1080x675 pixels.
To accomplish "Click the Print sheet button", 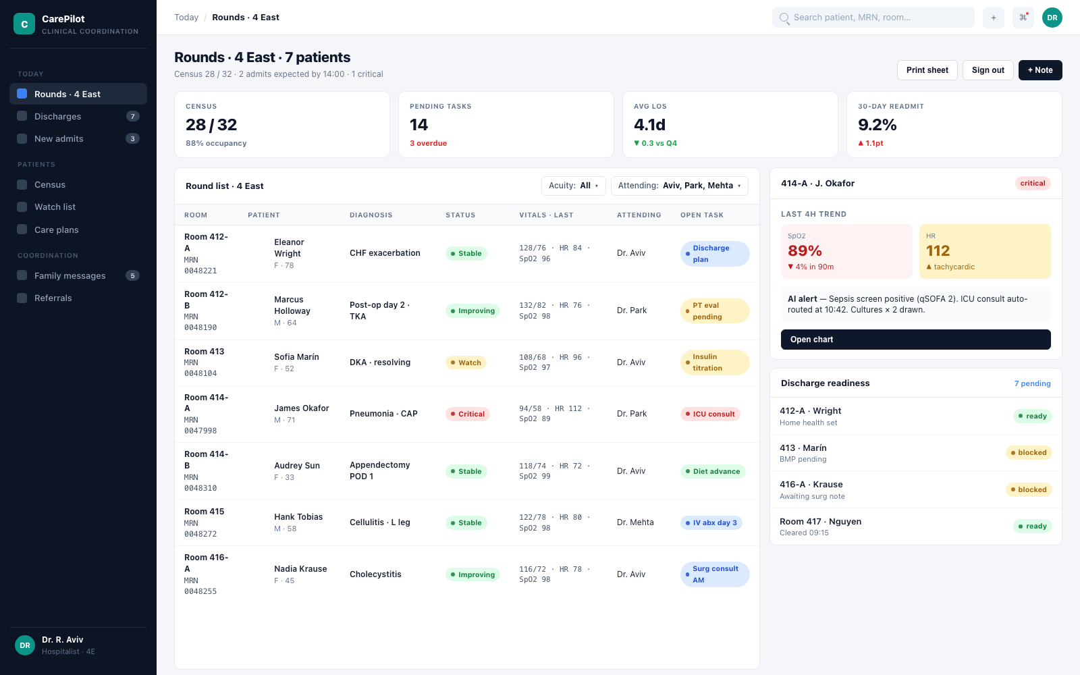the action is tap(927, 70).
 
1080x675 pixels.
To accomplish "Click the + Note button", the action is tap(1040, 70).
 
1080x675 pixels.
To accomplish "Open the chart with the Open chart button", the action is tap(915, 340).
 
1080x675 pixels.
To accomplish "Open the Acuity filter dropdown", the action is tap(573, 186).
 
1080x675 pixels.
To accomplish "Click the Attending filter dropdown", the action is tap(679, 186).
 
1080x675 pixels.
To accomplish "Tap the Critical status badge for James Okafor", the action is tap(467, 414).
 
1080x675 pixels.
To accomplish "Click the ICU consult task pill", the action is tap(709, 414).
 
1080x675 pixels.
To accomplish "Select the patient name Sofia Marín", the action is tap(296, 357).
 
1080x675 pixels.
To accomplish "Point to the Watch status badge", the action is tap(466, 362).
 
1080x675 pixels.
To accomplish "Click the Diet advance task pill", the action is tap(713, 471).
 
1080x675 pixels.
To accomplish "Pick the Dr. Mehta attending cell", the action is tap(635, 522).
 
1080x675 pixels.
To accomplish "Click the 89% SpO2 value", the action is tap(805, 250).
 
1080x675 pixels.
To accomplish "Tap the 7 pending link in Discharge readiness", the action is tap(1032, 383).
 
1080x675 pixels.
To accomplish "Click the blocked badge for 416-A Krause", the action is tap(1029, 489).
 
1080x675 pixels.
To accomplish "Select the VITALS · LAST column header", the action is tap(546, 215).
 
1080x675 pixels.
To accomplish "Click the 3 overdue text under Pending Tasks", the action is tap(428, 143).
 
